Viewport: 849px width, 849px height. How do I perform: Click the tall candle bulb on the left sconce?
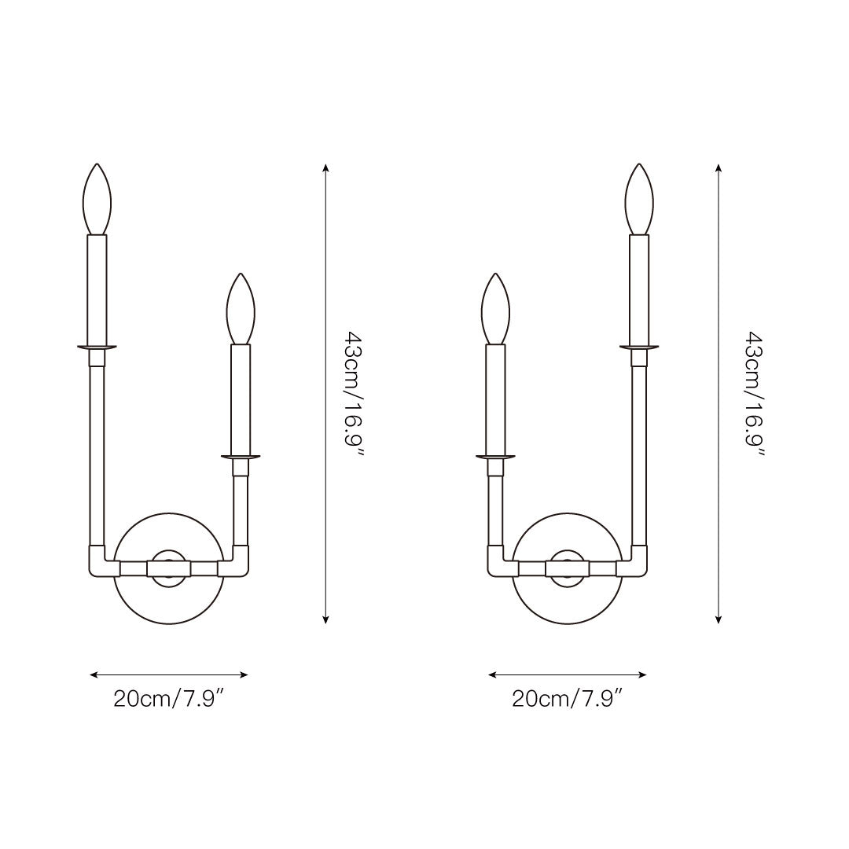click(x=97, y=199)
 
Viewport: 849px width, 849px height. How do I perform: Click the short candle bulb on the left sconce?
click(x=241, y=309)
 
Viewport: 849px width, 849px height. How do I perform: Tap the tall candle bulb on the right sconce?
click(x=639, y=199)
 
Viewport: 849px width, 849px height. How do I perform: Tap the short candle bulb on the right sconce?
click(x=495, y=309)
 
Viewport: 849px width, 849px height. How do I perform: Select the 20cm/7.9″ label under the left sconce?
click(x=169, y=699)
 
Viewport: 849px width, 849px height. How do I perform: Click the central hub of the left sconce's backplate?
click(x=169, y=568)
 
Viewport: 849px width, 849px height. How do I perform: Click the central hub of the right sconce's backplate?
click(x=568, y=568)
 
